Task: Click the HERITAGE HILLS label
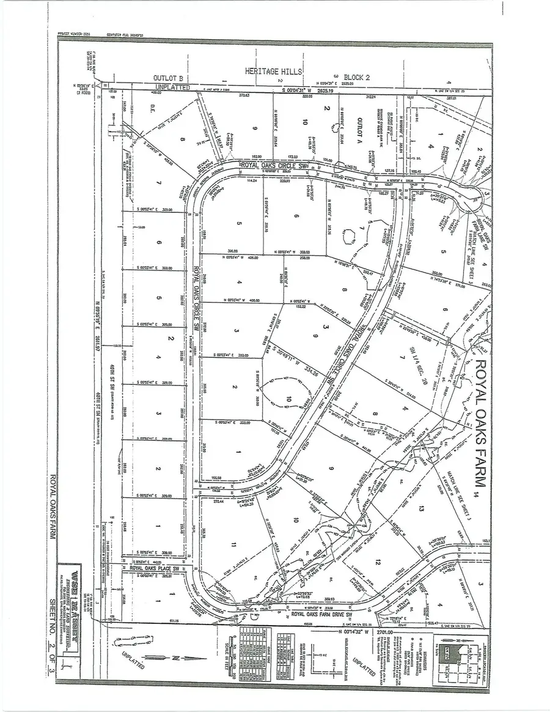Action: [274, 72]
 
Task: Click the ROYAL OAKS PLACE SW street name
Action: [159, 568]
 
